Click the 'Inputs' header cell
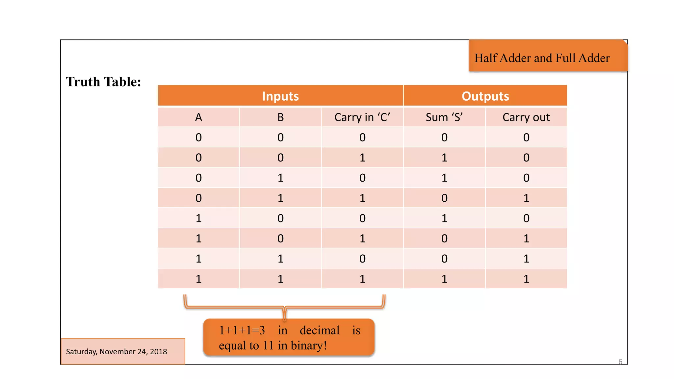click(x=280, y=96)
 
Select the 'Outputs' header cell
click(x=485, y=96)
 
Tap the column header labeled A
click(x=198, y=117)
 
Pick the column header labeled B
click(x=280, y=117)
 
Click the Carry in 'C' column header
click(x=362, y=117)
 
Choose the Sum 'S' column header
click(x=444, y=117)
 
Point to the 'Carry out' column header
click(x=526, y=117)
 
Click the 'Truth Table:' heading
click(x=103, y=82)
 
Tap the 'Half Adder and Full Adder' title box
click(x=542, y=58)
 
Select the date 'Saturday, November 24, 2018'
click(x=117, y=352)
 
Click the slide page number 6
click(x=620, y=362)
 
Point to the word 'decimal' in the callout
click(x=319, y=330)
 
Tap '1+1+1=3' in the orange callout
click(x=242, y=330)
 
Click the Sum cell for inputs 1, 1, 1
click(x=444, y=279)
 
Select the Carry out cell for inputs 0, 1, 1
click(x=526, y=198)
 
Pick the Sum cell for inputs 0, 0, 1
click(x=444, y=158)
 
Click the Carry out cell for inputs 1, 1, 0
click(x=526, y=259)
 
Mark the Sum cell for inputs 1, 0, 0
click(x=444, y=218)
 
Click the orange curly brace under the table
click(x=284, y=307)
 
